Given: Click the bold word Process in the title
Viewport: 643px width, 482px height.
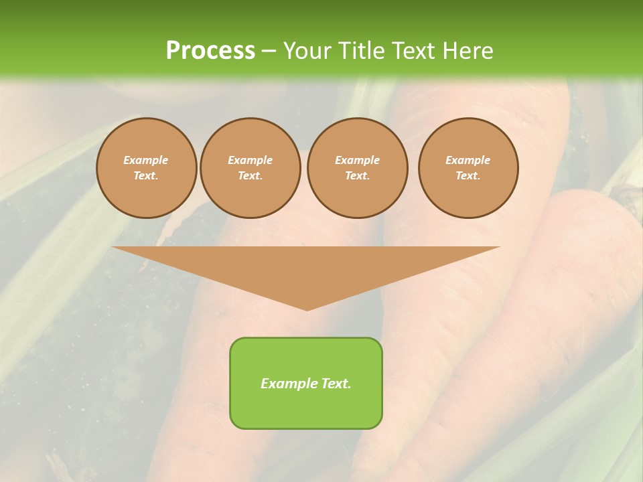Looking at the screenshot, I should (x=210, y=51).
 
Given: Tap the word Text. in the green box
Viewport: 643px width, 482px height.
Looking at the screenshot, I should (x=336, y=384).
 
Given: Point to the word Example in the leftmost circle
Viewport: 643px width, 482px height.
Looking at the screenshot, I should (x=146, y=160).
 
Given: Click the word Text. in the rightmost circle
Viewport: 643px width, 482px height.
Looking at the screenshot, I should (x=468, y=176).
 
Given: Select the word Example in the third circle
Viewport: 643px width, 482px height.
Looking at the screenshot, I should (x=357, y=160).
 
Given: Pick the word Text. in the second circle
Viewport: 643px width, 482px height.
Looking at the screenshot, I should (x=250, y=176).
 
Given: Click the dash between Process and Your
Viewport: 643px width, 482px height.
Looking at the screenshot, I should (x=269, y=51).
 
